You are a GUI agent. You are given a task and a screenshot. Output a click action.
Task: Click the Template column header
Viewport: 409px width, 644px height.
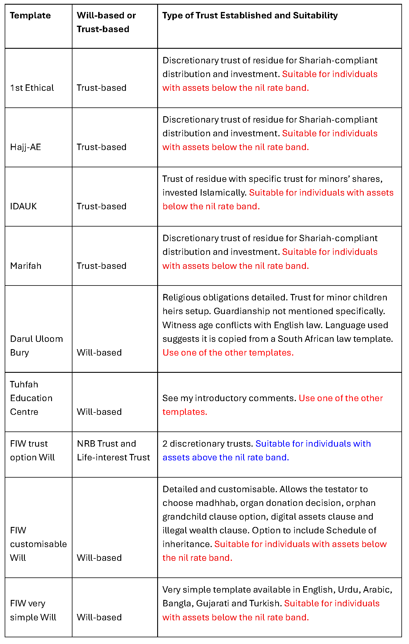tap(30, 15)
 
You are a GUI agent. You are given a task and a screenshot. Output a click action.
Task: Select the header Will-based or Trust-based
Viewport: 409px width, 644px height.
tap(106, 22)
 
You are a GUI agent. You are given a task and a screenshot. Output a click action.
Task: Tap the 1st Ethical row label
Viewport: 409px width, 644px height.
tap(32, 88)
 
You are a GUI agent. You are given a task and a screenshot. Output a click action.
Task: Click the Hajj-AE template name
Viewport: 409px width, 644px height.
tap(26, 147)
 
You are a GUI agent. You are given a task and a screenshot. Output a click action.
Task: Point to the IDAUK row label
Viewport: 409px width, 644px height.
tap(24, 206)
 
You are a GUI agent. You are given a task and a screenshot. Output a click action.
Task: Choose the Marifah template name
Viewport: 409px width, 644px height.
tap(26, 266)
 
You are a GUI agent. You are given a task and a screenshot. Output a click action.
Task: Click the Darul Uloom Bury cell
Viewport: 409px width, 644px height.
tap(37, 346)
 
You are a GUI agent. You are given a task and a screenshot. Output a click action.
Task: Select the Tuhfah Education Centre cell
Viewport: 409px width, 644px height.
tap(31, 398)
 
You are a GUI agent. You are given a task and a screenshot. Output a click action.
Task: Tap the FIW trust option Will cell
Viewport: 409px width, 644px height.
tap(32, 450)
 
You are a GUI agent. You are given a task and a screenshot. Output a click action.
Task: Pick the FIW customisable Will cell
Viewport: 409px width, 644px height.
tap(38, 544)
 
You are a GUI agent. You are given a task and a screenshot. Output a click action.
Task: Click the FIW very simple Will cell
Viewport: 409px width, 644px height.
tap(33, 610)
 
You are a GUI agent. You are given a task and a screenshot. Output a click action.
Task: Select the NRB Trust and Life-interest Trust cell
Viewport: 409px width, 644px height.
tap(113, 450)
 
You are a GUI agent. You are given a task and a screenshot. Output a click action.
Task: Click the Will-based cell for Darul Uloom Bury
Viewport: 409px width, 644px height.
tap(99, 353)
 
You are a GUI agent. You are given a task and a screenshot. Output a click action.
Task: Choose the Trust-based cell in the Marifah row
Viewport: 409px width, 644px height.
tap(101, 266)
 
